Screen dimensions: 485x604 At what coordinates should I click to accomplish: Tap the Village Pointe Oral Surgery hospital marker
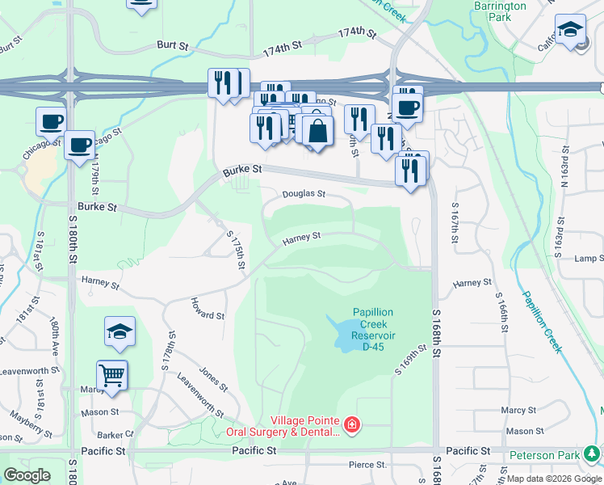coord(351,424)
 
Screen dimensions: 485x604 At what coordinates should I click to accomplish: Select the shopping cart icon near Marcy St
coord(112,374)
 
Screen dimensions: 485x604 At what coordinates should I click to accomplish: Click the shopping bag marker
coord(319,130)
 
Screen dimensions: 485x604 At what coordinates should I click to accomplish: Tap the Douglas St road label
coord(304,194)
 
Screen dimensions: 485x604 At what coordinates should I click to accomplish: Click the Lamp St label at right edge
coord(589,259)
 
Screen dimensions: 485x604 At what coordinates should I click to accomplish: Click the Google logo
coord(27,474)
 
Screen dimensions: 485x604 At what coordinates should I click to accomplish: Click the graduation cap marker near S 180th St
coord(120,331)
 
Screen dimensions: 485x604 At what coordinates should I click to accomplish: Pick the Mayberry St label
coord(31,422)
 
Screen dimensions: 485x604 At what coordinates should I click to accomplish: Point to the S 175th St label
coord(236,251)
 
